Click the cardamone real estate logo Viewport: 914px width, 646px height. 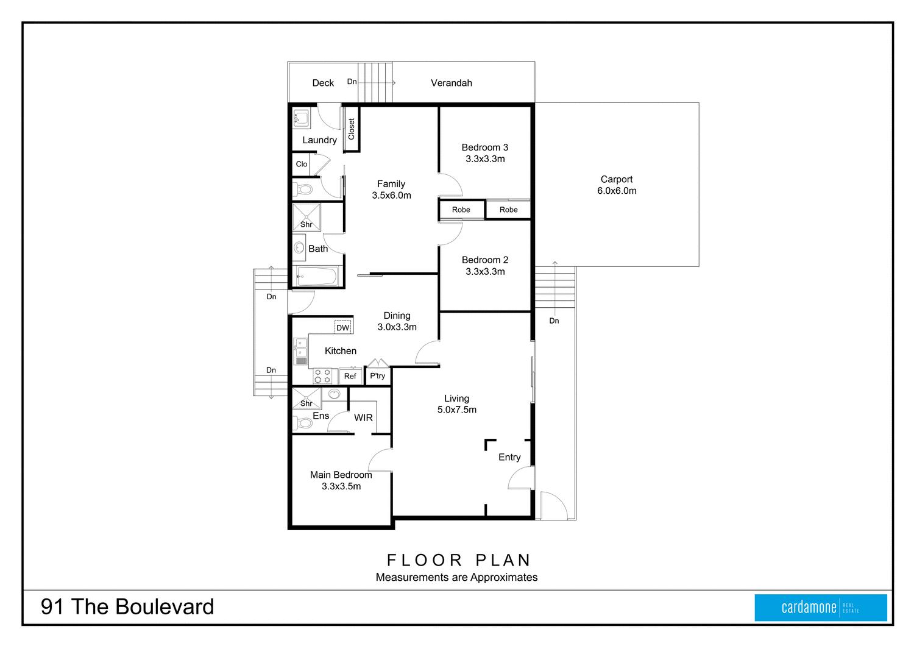(x=820, y=608)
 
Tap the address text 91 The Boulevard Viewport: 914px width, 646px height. (x=127, y=607)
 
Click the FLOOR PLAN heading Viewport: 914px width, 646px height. (x=459, y=560)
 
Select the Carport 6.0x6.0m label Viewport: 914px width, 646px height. (x=617, y=185)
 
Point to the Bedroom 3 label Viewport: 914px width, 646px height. (x=484, y=147)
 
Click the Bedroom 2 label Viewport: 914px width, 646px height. (x=484, y=260)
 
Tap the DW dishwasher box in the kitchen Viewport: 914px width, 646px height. (x=343, y=327)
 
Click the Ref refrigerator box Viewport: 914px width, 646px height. (x=350, y=376)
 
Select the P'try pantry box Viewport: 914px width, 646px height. (x=378, y=376)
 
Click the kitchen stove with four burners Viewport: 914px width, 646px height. (x=322, y=376)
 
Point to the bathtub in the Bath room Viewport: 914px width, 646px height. (x=316, y=277)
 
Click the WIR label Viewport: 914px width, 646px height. (x=363, y=417)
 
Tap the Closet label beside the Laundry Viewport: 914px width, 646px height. (x=352, y=129)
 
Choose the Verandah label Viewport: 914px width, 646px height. (x=451, y=83)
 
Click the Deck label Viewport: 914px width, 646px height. (x=323, y=83)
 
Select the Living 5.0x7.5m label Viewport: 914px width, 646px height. (x=456, y=404)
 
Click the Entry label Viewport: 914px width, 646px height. (x=509, y=457)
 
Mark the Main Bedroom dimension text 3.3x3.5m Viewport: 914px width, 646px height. (x=341, y=486)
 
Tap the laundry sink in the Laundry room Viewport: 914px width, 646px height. (x=301, y=118)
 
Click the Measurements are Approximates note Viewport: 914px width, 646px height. (x=456, y=577)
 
